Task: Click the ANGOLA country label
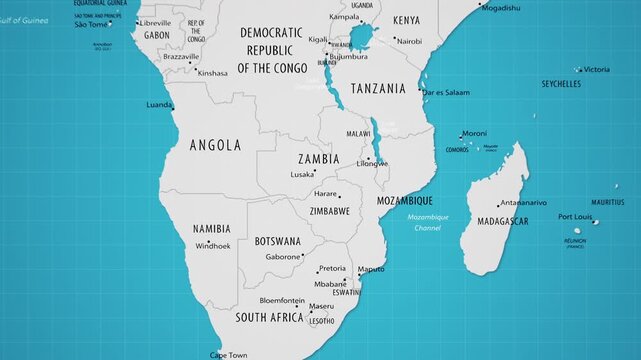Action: (x=215, y=145)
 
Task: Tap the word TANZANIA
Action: (x=376, y=88)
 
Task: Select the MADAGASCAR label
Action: (x=503, y=221)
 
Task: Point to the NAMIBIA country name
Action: (x=211, y=229)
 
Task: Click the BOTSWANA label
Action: (x=278, y=241)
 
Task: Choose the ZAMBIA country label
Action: (x=318, y=159)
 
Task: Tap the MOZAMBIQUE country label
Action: (x=404, y=201)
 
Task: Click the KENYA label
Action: (x=407, y=20)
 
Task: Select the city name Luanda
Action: (x=158, y=104)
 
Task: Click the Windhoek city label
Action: (x=213, y=246)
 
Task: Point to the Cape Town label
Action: (x=228, y=354)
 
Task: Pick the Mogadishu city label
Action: (x=500, y=8)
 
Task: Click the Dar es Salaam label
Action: (x=445, y=92)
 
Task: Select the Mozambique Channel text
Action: (x=428, y=222)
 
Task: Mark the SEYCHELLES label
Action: (x=561, y=85)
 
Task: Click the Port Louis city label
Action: (x=575, y=217)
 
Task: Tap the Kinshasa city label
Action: (x=213, y=73)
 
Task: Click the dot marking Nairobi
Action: (x=394, y=41)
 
